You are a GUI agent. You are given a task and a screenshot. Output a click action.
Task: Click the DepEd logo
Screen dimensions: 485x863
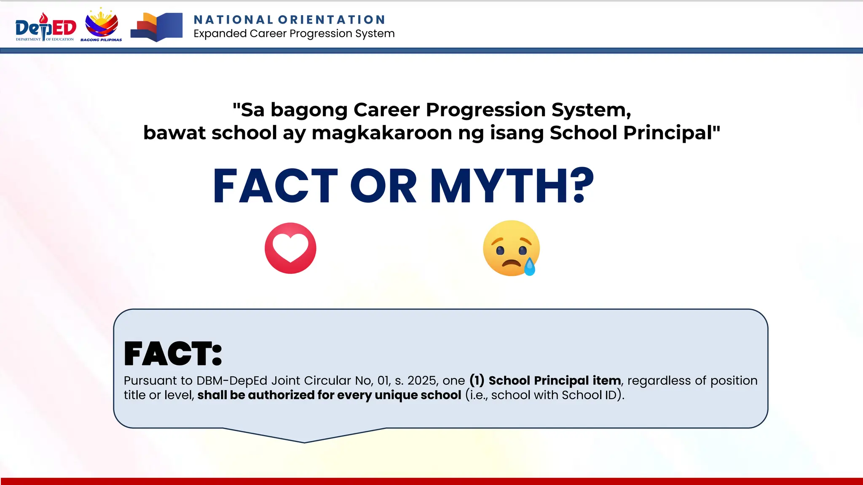(46, 28)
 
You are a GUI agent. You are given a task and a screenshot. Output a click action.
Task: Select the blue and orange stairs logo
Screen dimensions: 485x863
(156, 27)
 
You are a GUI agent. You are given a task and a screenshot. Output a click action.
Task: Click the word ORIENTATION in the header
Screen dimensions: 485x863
(332, 20)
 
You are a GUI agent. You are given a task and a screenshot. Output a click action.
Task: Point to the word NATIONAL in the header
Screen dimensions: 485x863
(233, 20)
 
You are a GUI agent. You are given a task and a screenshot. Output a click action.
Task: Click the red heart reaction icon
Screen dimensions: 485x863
(290, 248)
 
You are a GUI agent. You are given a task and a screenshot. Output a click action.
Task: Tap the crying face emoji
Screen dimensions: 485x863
(511, 248)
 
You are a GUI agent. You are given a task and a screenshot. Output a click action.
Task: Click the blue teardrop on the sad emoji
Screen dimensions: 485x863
(530, 267)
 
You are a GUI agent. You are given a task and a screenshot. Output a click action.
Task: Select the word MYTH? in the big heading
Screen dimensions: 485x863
(512, 186)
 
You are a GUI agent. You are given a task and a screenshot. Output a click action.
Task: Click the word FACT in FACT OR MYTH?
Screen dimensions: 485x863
(275, 186)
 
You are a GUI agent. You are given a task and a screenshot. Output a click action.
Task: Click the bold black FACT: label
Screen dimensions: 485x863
(173, 354)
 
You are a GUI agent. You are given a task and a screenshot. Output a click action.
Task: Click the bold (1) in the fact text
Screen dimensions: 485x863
(477, 381)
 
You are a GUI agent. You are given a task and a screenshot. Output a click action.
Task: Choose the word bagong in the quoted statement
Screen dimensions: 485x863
(309, 110)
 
